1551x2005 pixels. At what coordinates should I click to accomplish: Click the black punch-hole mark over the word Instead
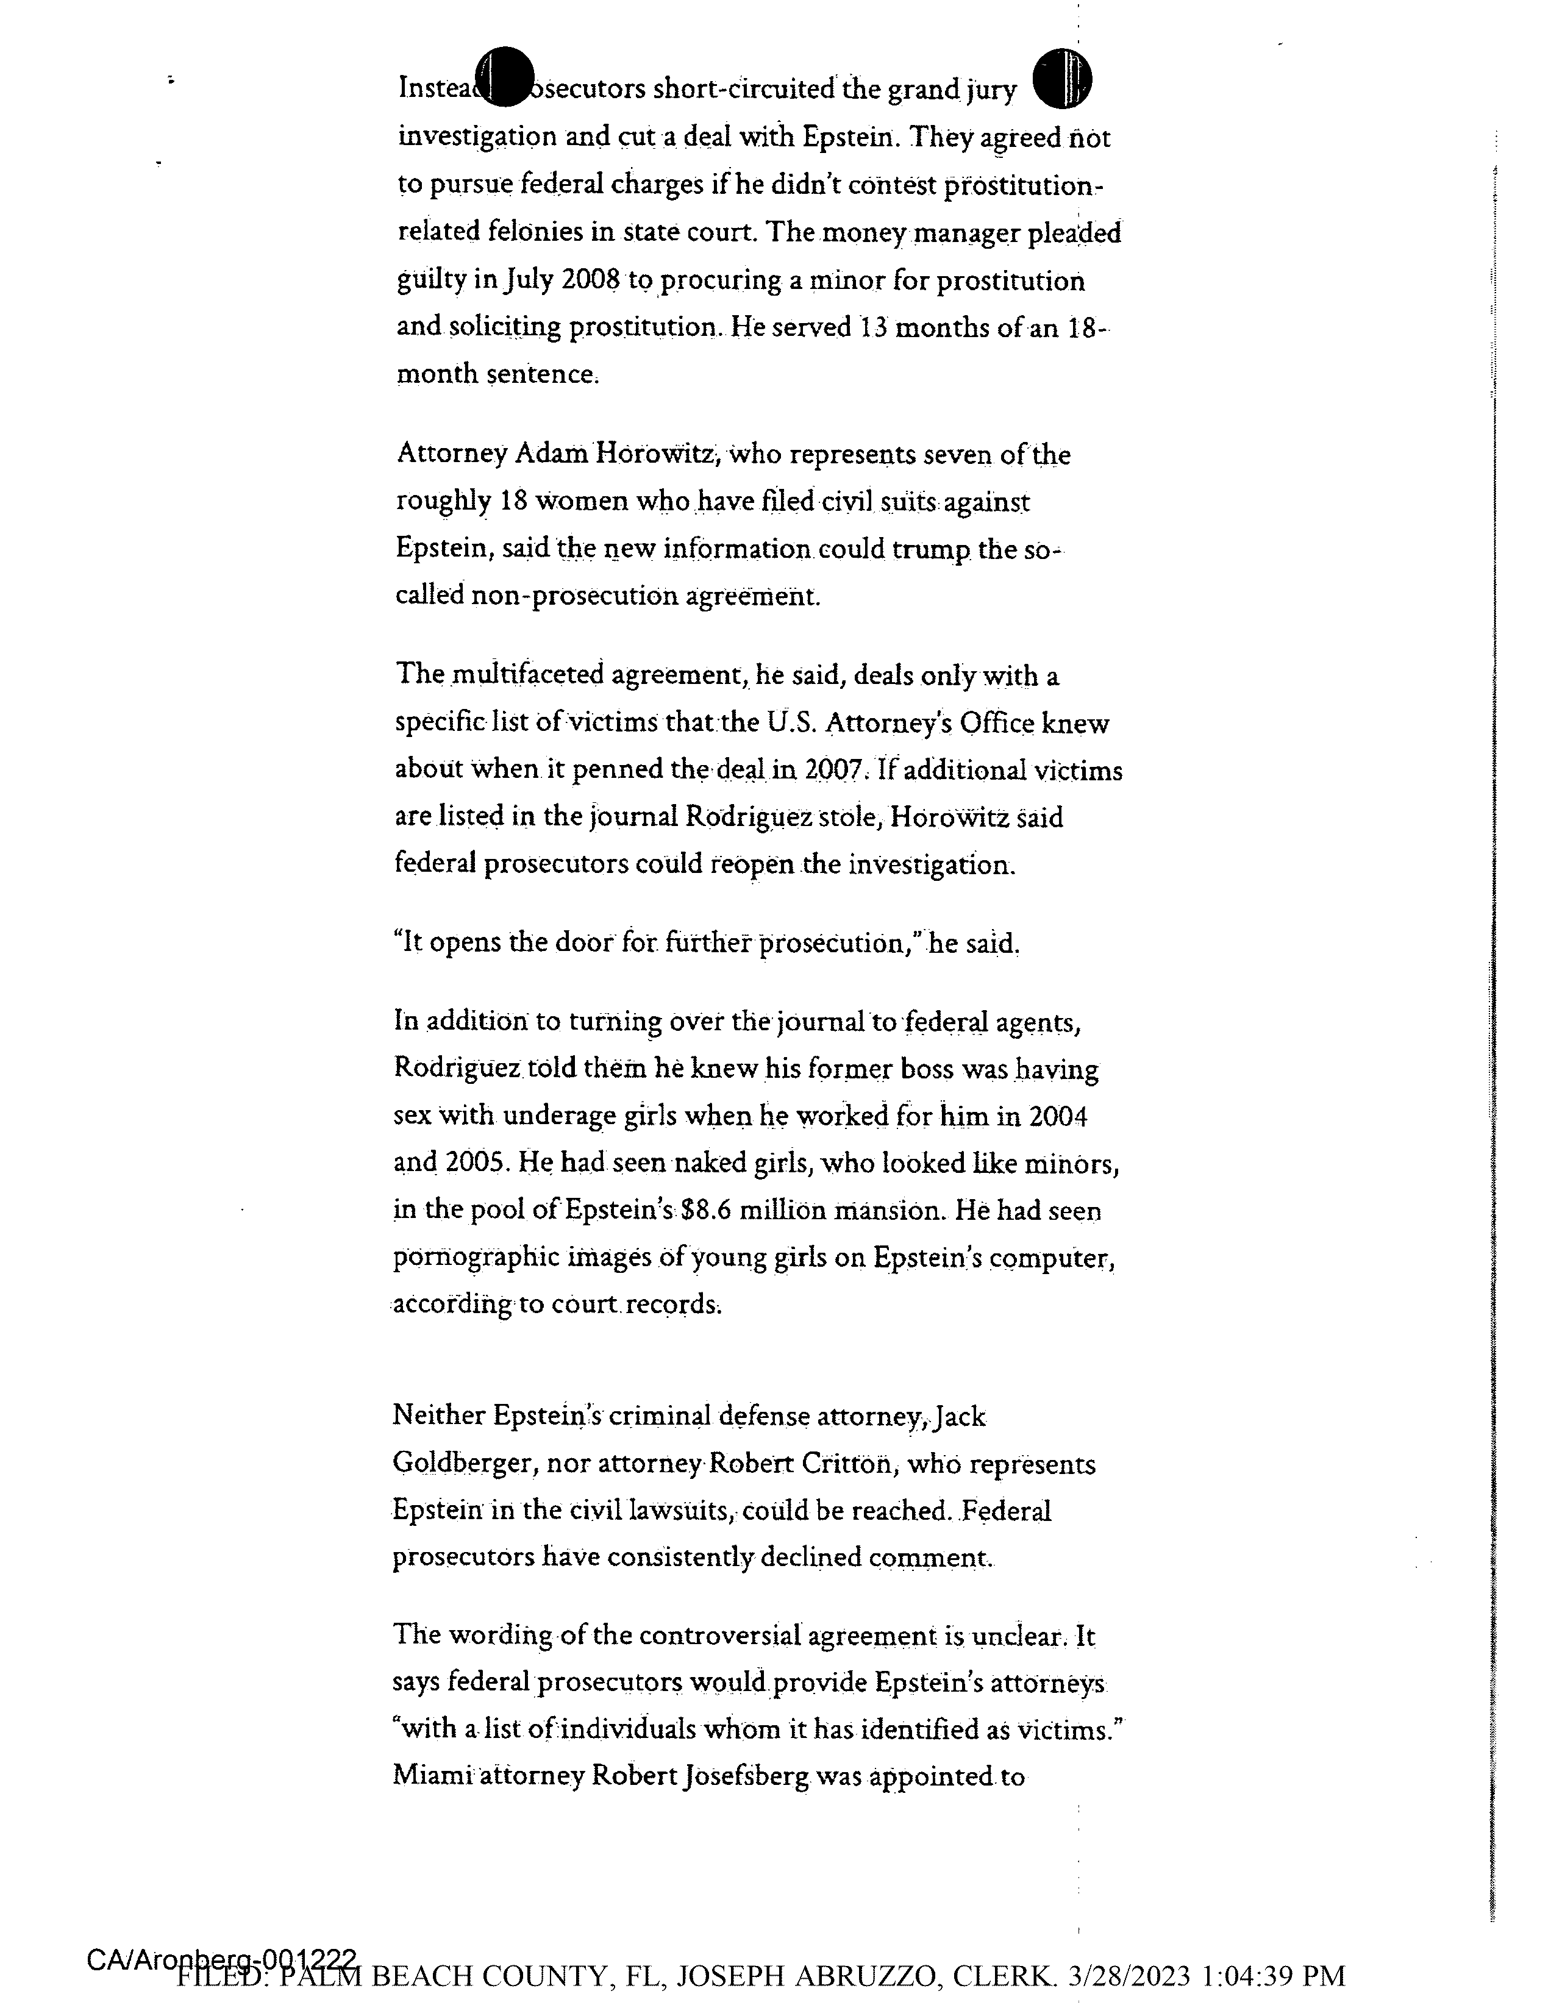503,75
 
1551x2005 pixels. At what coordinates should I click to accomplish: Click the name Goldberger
464,1462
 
